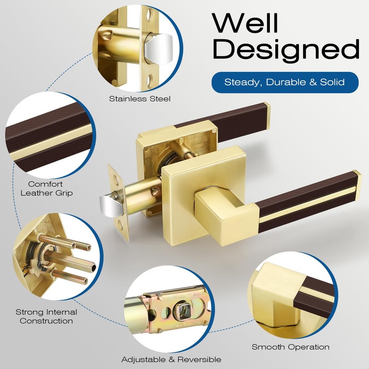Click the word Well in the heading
[x=245, y=23]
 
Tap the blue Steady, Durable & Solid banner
[x=285, y=83]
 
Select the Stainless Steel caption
[x=140, y=99]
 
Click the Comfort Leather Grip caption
[x=47, y=188]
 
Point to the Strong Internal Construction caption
[x=47, y=316]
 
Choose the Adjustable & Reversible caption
[x=171, y=359]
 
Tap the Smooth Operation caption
[x=291, y=347]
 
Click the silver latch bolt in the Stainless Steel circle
[x=158, y=49]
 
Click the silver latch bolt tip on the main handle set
[x=109, y=205]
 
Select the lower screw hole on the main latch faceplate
[x=120, y=225]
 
